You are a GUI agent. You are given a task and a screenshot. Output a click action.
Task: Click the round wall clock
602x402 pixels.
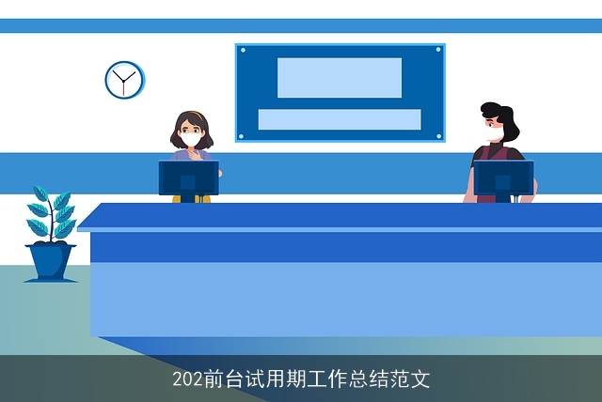click(x=124, y=80)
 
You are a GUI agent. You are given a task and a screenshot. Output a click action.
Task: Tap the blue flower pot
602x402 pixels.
click(x=51, y=261)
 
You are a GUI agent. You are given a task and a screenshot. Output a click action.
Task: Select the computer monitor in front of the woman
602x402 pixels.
click(x=188, y=178)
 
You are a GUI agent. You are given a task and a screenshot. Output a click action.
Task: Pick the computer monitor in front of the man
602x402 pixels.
click(x=503, y=178)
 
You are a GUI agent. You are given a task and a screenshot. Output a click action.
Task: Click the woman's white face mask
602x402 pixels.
click(x=192, y=140)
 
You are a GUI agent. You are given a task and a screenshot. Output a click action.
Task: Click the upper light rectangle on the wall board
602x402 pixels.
click(x=339, y=77)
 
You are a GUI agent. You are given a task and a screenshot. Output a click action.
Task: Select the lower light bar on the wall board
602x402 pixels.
click(x=339, y=119)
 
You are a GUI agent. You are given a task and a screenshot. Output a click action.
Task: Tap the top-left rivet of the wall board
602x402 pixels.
click(x=242, y=50)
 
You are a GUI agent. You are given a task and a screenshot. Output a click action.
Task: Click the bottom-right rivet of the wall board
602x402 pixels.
click(x=438, y=136)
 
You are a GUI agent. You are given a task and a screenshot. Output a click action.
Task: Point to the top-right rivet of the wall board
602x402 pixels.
click(x=438, y=50)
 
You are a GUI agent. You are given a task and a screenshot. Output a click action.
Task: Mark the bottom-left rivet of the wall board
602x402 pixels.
click(x=242, y=136)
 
